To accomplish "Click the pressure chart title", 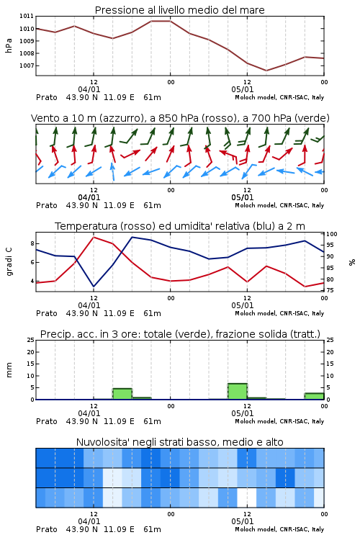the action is click(x=180, y=10).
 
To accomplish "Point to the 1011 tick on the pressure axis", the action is click(x=27, y=16).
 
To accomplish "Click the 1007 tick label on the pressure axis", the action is click(x=27, y=66).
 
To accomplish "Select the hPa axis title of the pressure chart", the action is click(x=9, y=45).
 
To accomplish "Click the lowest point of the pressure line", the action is click(x=266, y=71).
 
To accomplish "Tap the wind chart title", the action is click(x=180, y=118).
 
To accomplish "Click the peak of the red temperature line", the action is click(x=94, y=237).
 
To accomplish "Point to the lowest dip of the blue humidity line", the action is click(x=94, y=287).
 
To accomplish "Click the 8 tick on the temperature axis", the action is click(x=32, y=243).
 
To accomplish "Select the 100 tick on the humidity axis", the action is click(x=332, y=234).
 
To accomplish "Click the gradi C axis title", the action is click(x=9, y=262).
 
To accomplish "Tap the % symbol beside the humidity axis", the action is click(x=352, y=262).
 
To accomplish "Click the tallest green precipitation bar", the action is click(x=238, y=391).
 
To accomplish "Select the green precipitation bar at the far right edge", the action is click(x=314, y=396).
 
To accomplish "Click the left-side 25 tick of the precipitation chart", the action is click(x=31, y=340).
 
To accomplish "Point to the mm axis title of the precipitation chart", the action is click(x=9, y=369).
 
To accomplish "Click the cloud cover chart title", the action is click(x=180, y=442).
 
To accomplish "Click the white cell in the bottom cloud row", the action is click(x=247, y=498).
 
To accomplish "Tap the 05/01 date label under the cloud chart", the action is click(x=243, y=521).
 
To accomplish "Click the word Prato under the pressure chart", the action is click(x=47, y=97).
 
